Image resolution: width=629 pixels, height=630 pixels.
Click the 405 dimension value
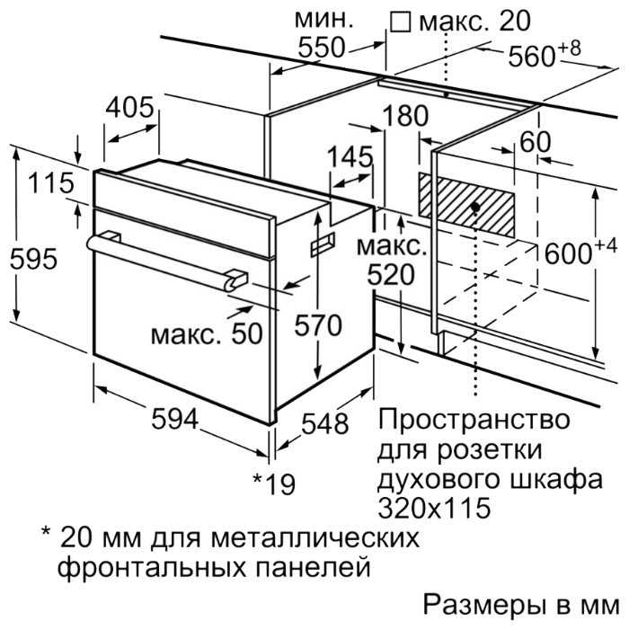click(129, 107)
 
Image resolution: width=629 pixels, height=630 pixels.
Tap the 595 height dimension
click(34, 259)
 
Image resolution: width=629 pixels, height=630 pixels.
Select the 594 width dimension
click(174, 418)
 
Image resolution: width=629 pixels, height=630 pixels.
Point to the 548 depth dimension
click(325, 423)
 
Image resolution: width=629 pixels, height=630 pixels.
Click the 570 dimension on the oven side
click(318, 324)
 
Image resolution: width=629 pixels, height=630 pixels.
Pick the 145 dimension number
click(350, 156)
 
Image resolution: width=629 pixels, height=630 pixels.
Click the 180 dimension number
click(405, 116)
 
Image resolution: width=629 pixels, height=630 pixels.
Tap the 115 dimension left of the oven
click(51, 182)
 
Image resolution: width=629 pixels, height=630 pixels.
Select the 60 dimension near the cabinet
click(536, 141)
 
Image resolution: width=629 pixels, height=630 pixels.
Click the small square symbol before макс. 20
click(401, 22)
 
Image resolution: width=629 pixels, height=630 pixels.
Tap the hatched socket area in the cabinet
click(466, 205)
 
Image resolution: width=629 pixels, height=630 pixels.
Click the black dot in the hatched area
click(475, 207)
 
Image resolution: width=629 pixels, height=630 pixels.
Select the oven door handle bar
click(167, 261)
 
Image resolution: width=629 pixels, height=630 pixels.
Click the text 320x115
click(434, 508)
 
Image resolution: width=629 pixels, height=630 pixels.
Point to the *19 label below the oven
click(274, 484)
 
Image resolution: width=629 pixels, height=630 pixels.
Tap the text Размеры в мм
click(521, 606)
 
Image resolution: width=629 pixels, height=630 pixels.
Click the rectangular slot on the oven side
click(323, 244)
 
